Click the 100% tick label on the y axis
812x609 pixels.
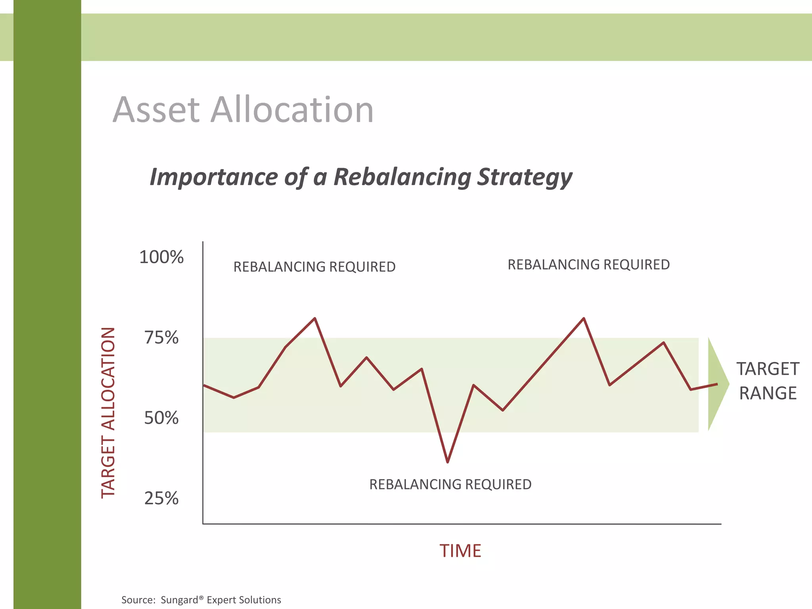pos(161,257)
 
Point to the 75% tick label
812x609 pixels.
pos(161,338)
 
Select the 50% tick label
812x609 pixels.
pos(161,418)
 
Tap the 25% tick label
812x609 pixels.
pos(161,498)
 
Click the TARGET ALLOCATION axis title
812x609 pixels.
pos(108,412)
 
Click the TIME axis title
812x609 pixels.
pos(460,551)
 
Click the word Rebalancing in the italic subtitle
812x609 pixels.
pos(402,177)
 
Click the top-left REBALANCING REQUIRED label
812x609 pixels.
pos(314,267)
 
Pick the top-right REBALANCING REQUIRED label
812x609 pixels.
pos(588,264)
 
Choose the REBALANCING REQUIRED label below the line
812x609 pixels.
pos(450,484)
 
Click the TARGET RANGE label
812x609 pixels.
pos(768,381)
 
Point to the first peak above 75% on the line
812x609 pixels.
pos(315,318)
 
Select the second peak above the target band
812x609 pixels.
pos(584,318)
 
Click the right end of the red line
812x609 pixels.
pos(716,384)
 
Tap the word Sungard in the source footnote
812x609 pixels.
pos(179,600)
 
